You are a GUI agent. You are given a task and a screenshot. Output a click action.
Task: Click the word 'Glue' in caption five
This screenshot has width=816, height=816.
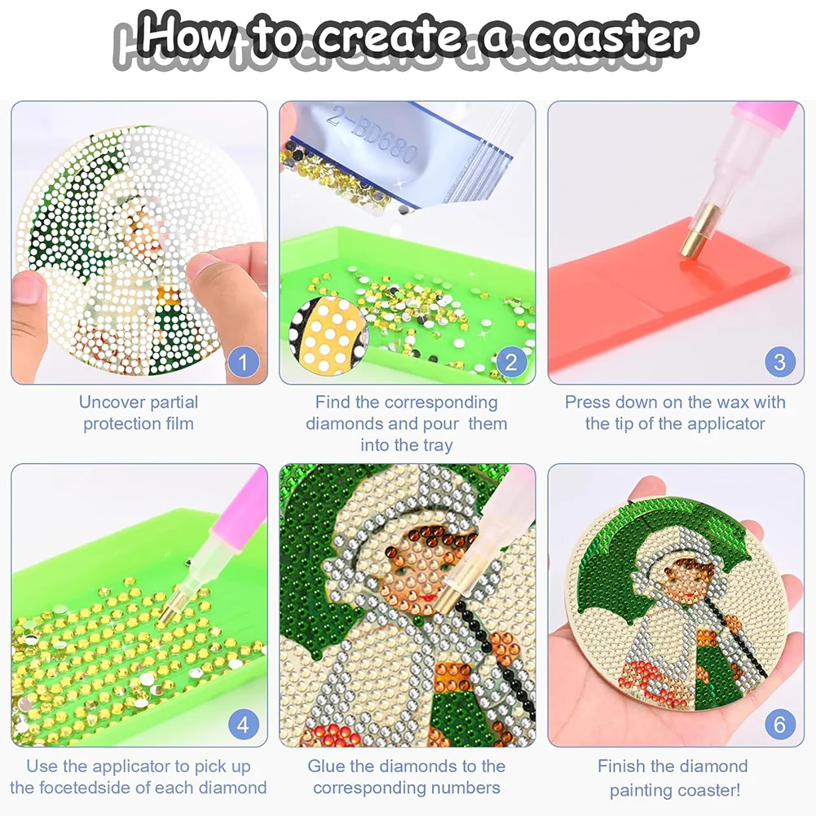tap(326, 766)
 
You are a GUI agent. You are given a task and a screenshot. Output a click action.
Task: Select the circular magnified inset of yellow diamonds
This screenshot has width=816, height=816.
tap(329, 335)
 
